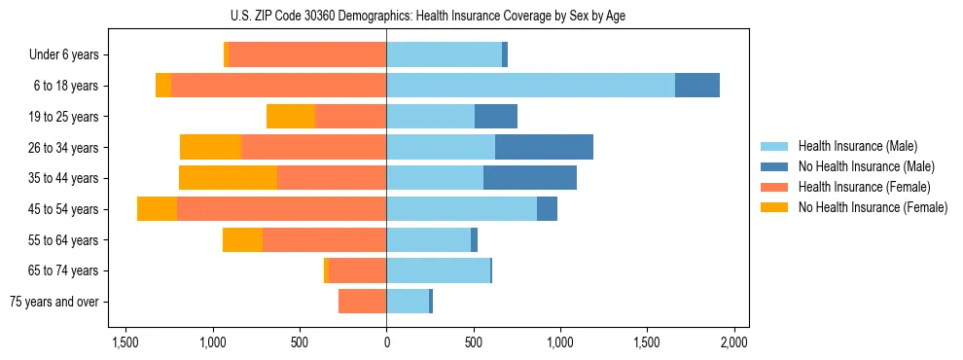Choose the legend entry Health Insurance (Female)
click(x=864, y=187)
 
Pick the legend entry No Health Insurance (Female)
click(x=872, y=207)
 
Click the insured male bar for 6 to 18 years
click(x=530, y=86)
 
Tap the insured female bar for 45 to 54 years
click(x=281, y=209)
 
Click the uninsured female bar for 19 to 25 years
click(x=291, y=117)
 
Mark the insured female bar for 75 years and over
click(x=362, y=302)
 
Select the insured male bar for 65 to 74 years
click(x=438, y=270)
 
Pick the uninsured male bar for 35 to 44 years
click(x=530, y=178)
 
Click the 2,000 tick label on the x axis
click(x=733, y=342)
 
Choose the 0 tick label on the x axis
click(x=386, y=342)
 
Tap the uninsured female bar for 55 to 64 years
click(x=242, y=240)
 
